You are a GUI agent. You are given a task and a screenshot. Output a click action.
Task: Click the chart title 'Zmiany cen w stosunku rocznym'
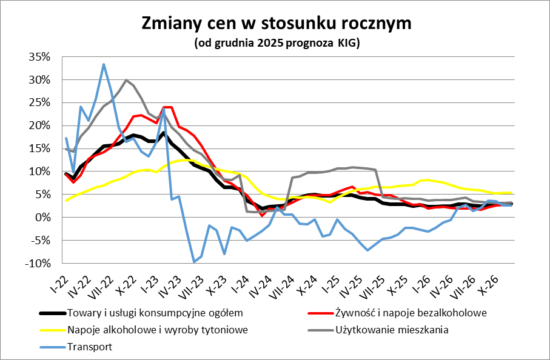click(276, 23)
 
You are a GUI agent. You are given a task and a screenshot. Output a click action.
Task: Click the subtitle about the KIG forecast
click(277, 43)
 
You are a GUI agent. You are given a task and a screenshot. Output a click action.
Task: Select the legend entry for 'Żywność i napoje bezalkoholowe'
click(411, 313)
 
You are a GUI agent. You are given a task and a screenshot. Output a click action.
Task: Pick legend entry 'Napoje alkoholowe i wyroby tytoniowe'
click(158, 330)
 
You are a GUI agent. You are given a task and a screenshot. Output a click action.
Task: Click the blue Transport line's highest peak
click(104, 64)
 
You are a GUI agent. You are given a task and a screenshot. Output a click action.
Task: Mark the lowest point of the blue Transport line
click(194, 262)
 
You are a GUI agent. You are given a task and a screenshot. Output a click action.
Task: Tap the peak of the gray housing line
click(126, 80)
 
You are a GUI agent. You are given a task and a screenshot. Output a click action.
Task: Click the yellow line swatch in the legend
click(52, 330)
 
